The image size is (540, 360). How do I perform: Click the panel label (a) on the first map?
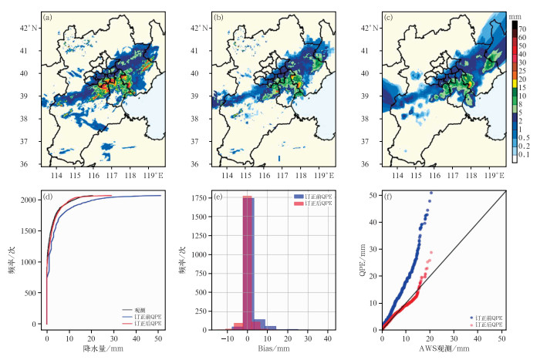click(x=48, y=16)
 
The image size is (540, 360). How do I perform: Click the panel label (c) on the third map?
click(x=388, y=16)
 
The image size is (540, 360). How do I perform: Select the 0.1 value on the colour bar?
click(x=523, y=155)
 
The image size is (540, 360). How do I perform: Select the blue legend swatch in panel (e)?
click(x=300, y=196)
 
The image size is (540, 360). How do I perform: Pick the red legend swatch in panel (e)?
click(x=300, y=203)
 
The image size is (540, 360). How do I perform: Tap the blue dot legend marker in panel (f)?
click(x=471, y=316)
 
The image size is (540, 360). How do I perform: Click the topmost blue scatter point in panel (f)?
click(x=431, y=193)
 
